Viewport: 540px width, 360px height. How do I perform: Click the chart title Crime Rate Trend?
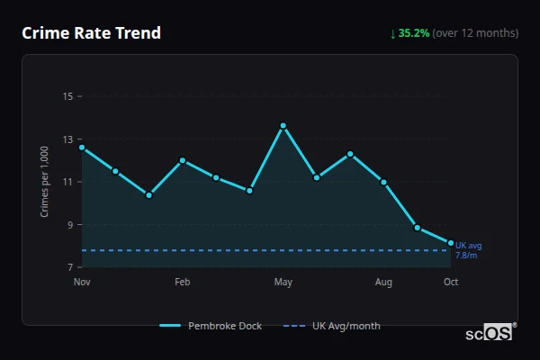click(x=92, y=33)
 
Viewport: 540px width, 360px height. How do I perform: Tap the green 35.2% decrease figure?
click(x=416, y=33)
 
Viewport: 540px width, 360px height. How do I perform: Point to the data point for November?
click(x=82, y=148)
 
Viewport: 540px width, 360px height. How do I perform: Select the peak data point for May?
click(x=283, y=126)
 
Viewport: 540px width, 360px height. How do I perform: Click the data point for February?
click(x=183, y=160)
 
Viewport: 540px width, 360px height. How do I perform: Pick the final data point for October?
click(x=451, y=242)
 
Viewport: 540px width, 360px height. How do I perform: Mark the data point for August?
click(x=383, y=182)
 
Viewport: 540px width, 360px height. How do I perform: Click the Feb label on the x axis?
click(x=183, y=283)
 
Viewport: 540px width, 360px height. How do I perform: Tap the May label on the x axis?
click(x=283, y=283)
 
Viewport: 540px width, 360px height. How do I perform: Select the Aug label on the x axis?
click(x=383, y=283)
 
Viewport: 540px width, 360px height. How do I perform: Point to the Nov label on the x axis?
click(x=82, y=283)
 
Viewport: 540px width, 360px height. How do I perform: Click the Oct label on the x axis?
click(x=451, y=283)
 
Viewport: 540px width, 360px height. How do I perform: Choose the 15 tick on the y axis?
click(x=67, y=96)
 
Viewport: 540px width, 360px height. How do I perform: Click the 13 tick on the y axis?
click(x=67, y=139)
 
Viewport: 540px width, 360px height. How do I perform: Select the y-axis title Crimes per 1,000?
click(x=45, y=182)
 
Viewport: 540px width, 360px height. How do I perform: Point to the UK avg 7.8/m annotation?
click(x=468, y=250)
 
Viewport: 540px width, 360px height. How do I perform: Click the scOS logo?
click(x=489, y=332)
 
